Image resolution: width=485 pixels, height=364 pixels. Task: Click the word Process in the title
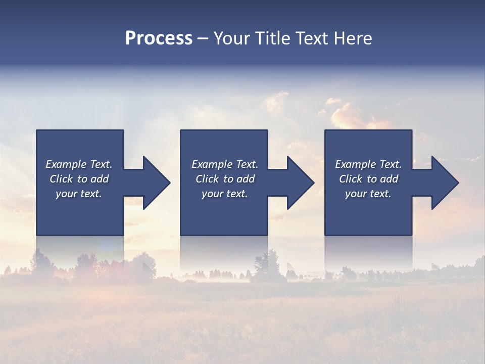click(159, 38)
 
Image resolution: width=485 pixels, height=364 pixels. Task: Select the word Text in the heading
click(312, 38)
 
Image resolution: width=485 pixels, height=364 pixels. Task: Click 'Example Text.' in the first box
click(79, 164)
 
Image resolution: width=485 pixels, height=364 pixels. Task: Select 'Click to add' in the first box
click(79, 179)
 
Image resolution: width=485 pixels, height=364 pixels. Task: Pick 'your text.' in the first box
click(79, 194)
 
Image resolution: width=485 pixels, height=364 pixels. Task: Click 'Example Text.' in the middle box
click(224, 164)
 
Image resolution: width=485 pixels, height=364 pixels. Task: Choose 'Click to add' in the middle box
click(224, 179)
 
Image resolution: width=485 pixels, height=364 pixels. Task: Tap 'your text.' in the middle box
click(224, 194)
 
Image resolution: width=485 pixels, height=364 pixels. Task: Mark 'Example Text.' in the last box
click(368, 164)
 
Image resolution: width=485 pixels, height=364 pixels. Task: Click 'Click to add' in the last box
click(368, 179)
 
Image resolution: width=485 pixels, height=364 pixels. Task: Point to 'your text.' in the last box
click(368, 194)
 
